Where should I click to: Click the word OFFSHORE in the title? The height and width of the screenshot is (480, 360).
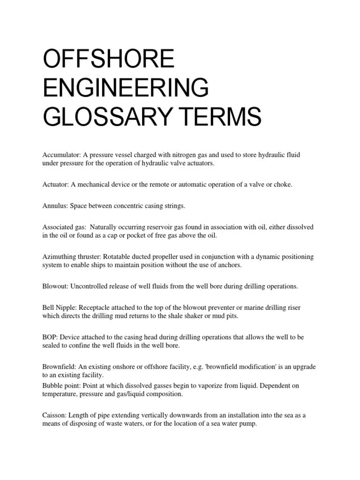[x=108, y=61]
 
